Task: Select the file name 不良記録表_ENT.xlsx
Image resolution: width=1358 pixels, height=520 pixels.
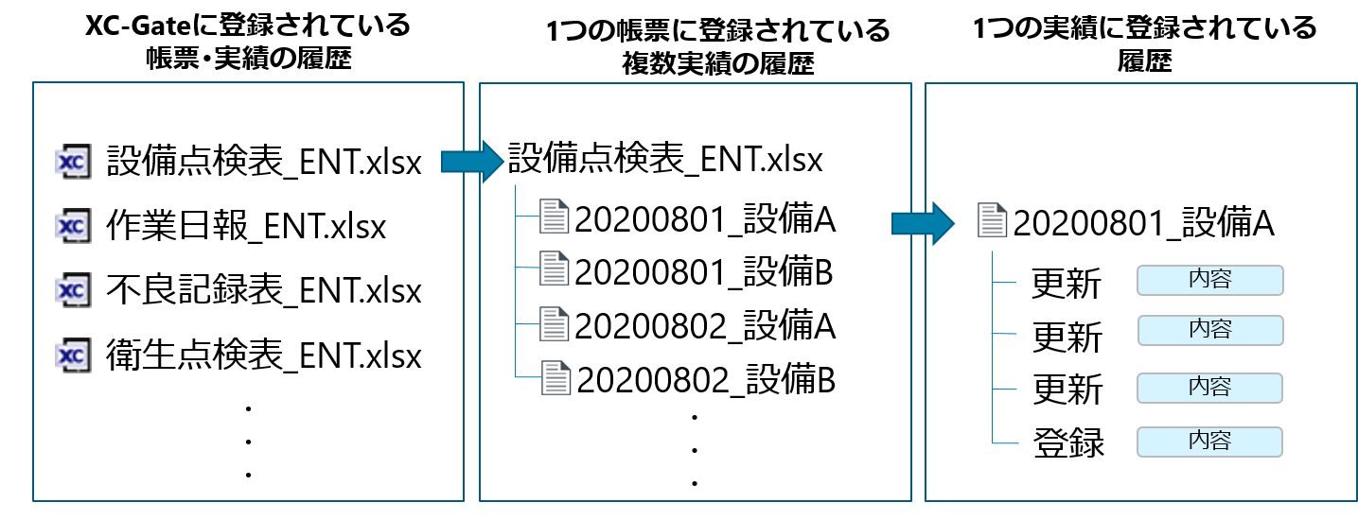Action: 264,291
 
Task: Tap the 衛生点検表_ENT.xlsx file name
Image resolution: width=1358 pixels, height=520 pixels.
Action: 264,355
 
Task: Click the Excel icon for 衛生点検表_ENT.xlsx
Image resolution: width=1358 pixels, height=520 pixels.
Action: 73,355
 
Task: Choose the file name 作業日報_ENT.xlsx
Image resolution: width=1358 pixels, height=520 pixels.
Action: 247,227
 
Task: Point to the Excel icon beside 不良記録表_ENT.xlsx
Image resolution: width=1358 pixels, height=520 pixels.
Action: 73,290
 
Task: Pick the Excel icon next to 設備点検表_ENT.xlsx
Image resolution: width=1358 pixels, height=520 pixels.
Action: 73,162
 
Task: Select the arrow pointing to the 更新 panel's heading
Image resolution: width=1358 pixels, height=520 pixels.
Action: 920,224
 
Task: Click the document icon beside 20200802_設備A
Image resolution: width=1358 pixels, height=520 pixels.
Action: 554,324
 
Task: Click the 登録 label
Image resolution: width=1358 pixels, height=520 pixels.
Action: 1067,442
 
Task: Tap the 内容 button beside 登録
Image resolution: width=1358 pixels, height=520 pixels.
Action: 1209,441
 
